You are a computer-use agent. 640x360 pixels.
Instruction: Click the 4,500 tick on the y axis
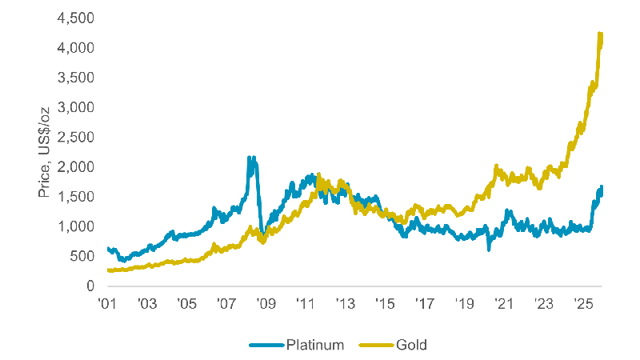(x=78, y=18)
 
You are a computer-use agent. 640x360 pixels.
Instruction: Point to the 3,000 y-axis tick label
(x=78, y=107)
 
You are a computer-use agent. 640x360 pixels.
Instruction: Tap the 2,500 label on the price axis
(x=78, y=138)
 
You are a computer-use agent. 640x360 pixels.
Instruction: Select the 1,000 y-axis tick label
(x=78, y=226)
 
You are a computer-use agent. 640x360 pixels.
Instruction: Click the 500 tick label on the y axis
(x=83, y=256)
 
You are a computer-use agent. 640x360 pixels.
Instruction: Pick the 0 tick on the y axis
(x=90, y=286)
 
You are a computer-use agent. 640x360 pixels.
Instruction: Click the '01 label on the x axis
(x=107, y=304)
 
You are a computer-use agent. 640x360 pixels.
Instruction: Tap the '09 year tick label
(x=266, y=304)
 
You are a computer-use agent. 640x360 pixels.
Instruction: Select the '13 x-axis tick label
(x=345, y=304)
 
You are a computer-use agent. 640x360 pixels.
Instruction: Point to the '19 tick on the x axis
(x=464, y=304)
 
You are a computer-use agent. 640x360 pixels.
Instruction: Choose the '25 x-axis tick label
(x=582, y=304)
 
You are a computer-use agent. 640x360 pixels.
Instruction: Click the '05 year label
(x=186, y=304)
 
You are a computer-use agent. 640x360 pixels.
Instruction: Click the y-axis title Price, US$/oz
(x=46, y=153)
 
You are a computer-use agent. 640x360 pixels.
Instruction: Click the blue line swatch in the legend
(x=263, y=345)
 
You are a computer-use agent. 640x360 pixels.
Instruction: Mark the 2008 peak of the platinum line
(x=251, y=158)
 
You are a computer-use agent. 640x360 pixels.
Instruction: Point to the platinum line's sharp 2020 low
(x=489, y=250)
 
